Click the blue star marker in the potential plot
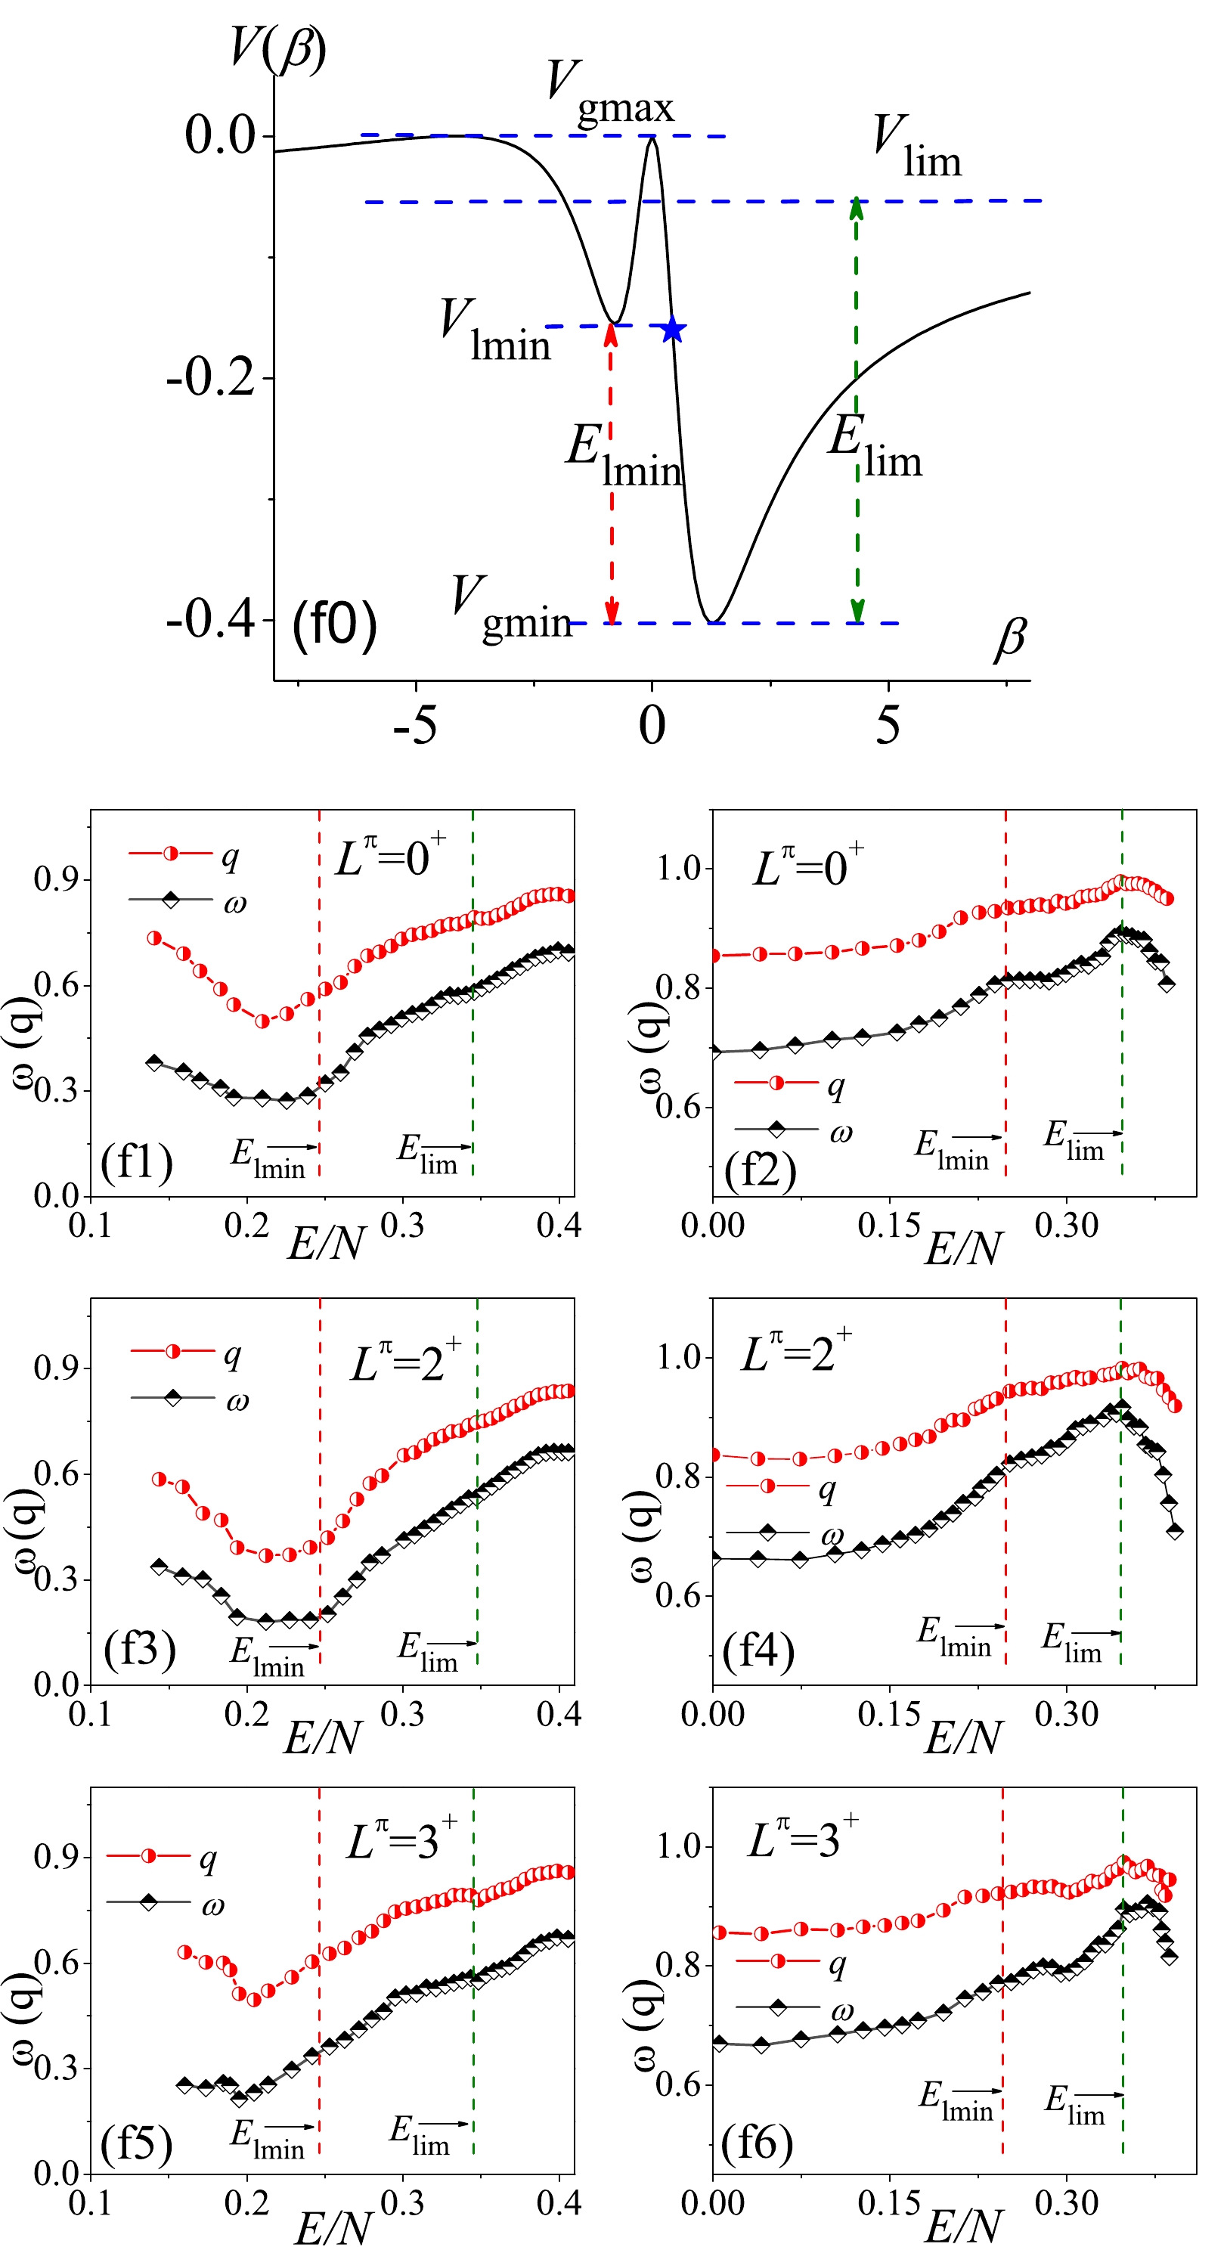671,330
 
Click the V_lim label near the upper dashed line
916,147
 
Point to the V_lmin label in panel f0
494,331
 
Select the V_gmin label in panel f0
511,609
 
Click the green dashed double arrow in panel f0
857,410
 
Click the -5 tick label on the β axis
414,725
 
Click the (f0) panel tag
334,624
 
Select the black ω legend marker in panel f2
776,1130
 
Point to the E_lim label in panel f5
420,2134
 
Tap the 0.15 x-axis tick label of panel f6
888,2203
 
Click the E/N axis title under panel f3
322,1737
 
